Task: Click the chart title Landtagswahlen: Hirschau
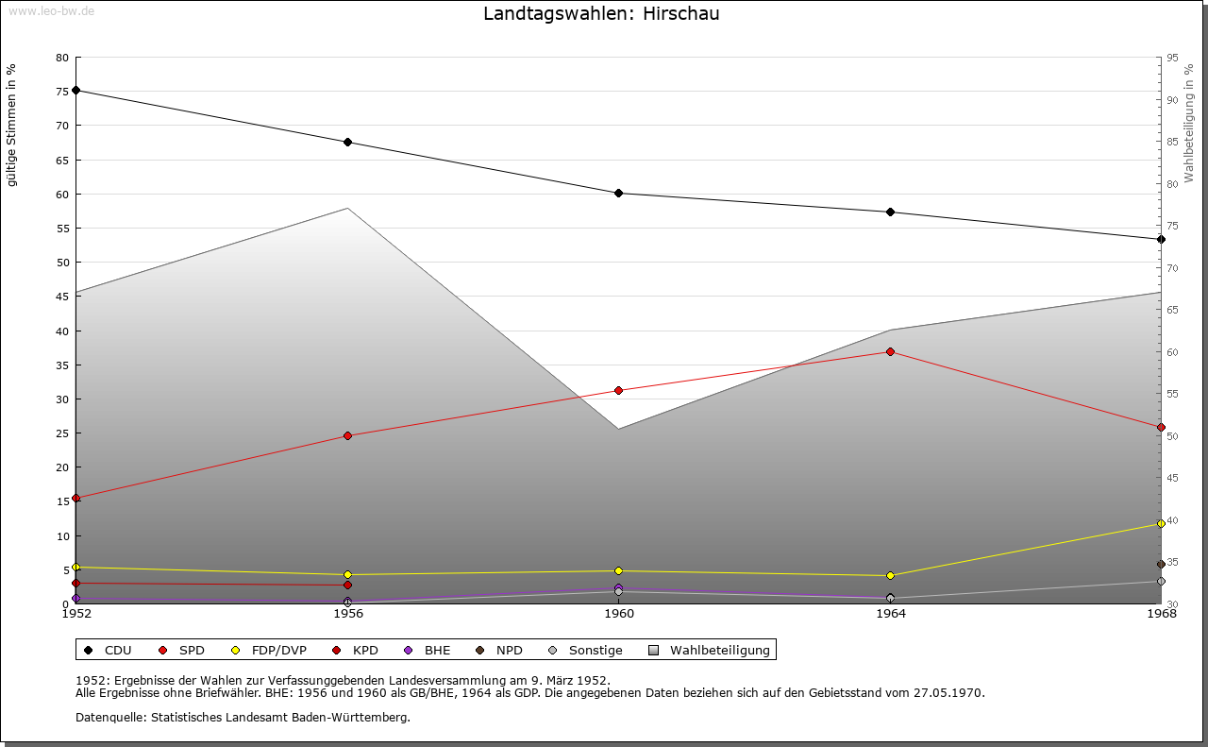[601, 14]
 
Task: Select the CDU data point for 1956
[347, 143]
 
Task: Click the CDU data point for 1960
[618, 194]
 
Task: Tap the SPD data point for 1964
[890, 352]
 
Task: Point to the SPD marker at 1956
[347, 436]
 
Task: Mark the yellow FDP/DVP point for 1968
[1161, 524]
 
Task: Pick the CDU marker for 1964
[890, 212]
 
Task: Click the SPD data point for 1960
[618, 391]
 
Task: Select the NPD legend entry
[509, 651]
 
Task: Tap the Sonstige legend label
[595, 651]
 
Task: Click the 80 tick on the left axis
[62, 58]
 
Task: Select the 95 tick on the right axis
[1172, 58]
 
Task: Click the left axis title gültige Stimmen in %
[12, 125]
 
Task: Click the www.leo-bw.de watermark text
[50, 10]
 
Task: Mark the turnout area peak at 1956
[347, 209]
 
